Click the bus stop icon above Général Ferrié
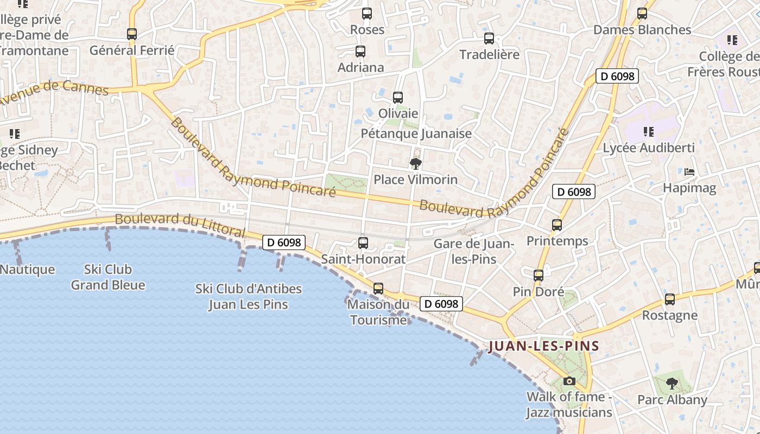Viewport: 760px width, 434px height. pos(132,34)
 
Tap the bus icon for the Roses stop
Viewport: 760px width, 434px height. pos(367,14)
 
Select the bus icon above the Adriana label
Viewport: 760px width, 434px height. pos(360,52)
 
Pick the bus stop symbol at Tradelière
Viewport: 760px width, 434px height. pos(489,39)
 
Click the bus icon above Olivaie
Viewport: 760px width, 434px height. pos(398,98)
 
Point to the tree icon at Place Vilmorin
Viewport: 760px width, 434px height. pos(416,163)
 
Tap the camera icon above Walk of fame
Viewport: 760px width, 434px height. pos(569,381)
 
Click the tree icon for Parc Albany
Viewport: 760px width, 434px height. pos(672,384)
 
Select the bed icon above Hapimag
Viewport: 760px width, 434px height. pos(689,172)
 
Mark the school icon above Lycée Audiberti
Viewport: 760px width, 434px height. pos(648,131)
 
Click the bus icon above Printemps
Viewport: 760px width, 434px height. pos(557,225)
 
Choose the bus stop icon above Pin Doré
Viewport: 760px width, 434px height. pos(539,276)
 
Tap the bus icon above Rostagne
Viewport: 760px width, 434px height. pos(670,299)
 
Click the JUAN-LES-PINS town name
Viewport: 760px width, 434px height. pos(543,346)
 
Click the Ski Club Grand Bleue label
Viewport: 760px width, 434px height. pos(108,277)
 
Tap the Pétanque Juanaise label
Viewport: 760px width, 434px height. pos(416,133)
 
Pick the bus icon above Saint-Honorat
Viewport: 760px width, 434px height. pos(363,243)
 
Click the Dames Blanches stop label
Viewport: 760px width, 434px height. pos(642,30)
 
